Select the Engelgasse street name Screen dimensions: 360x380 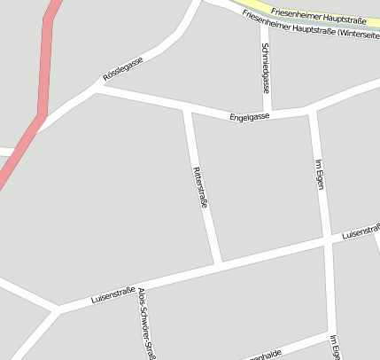[x=249, y=116]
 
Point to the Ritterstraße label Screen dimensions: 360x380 [x=200, y=187]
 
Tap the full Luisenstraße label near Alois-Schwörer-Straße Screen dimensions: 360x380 [x=112, y=295]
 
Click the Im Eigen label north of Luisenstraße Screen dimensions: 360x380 [x=320, y=174]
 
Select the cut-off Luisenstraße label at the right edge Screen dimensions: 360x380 [x=361, y=231]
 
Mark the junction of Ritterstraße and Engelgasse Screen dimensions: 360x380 [x=186, y=110]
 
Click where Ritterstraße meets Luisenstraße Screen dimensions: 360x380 [x=218, y=262]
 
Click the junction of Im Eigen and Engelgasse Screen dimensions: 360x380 [x=311, y=110]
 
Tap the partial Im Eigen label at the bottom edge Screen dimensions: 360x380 [x=335, y=348]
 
